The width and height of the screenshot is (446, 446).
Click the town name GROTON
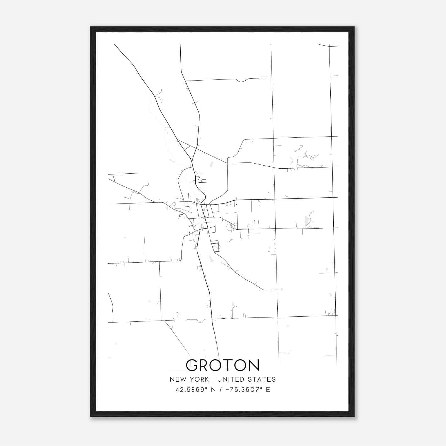(222, 365)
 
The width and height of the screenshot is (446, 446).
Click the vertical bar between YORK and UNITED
(213, 379)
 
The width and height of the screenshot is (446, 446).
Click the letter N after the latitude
(214, 390)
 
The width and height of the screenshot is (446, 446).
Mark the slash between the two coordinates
(220, 390)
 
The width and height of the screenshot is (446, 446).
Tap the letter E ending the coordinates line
(268, 390)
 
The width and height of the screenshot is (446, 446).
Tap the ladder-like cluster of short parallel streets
(215, 246)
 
